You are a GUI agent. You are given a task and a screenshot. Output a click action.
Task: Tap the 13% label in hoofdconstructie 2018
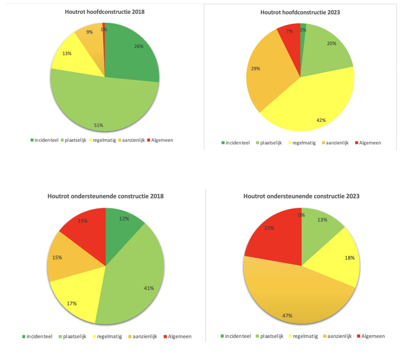point(67,54)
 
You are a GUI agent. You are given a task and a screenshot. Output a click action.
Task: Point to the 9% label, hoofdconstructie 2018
point(89,32)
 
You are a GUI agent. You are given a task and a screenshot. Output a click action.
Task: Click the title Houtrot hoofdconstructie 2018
point(105,11)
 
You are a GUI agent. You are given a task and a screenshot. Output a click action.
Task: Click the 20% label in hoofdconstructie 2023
point(332,44)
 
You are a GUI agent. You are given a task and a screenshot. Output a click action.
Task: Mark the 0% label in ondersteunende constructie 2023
point(301,215)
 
